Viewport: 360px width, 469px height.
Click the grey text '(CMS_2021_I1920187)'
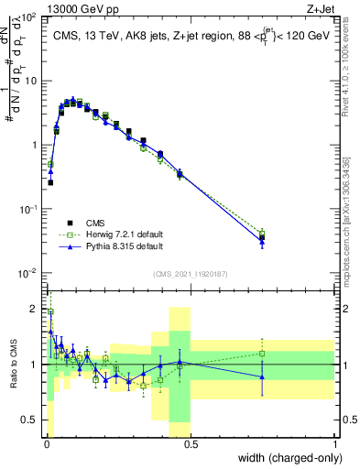[x=190, y=273]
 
